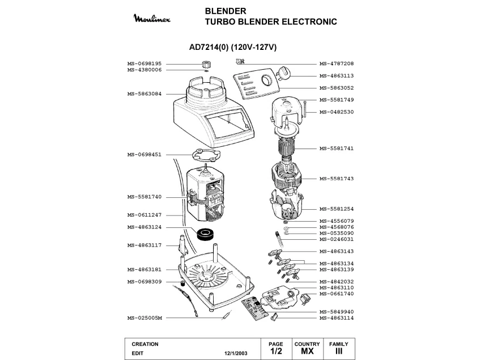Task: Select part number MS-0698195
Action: pyautogui.click(x=145, y=63)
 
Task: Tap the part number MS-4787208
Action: pyautogui.click(x=337, y=63)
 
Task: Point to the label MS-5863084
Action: pyautogui.click(x=145, y=94)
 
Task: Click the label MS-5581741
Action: pyautogui.click(x=337, y=149)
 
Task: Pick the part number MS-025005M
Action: pyautogui.click(x=145, y=318)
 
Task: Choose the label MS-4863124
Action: pyautogui.click(x=145, y=227)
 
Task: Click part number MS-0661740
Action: pyautogui.click(x=337, y=294)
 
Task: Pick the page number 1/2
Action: pyautogui.click(x=276, y=352)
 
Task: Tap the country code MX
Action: pyautogui.click(x=307, y=352)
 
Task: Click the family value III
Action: pyautogui.click(x=339, y=352)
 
